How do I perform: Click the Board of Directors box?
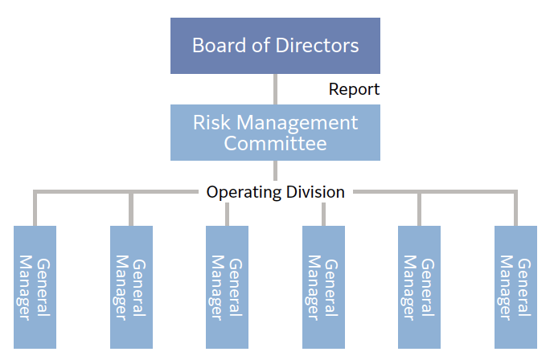275,44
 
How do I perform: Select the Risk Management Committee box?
275,133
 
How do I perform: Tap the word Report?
354,89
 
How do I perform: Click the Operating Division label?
275,192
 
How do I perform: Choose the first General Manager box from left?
35,286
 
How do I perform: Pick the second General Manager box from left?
131,286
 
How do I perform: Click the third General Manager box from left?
227,286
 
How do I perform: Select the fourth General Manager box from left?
323,286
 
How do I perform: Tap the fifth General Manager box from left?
419,286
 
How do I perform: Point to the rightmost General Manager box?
515,286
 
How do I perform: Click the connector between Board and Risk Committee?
275,89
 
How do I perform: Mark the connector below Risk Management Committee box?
275,170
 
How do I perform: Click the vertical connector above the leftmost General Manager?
35,209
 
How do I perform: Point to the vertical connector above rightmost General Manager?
515,209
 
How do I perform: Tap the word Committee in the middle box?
275,144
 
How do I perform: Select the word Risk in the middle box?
210,123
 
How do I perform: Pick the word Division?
314,192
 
